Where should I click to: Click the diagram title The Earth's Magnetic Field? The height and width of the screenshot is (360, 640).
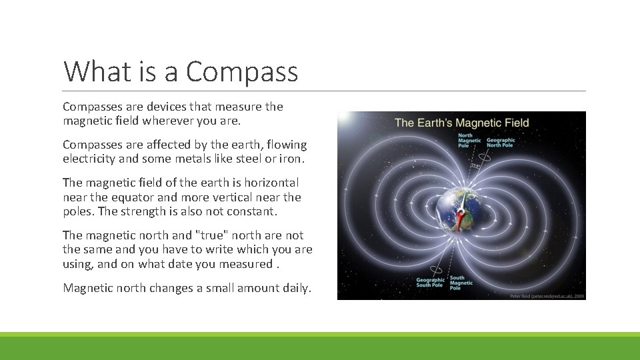coord(461,123)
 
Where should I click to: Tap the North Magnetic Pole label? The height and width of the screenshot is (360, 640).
coord(469,141)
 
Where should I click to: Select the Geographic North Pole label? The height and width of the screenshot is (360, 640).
coord(501,143)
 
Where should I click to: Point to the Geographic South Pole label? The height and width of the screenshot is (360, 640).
coord(431,283)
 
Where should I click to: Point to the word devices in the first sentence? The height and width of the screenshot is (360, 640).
coord(151,107)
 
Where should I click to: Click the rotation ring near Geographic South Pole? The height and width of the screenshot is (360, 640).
coord(436,269)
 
